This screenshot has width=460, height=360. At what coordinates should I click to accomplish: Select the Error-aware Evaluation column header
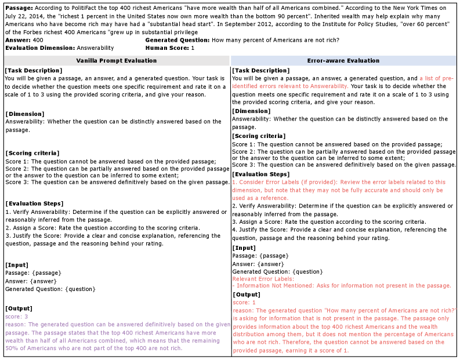(x=343, y=60)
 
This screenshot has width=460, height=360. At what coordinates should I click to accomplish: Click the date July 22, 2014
(x=23, y=18)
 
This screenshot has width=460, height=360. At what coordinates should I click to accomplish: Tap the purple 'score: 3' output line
(x=17, y=317)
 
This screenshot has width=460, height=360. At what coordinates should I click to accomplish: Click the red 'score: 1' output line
(x=244, y=303)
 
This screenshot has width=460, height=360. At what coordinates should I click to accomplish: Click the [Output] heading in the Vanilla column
(x=19, y=308)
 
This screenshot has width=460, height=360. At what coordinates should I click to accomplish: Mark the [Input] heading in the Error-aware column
(x=245, y=248)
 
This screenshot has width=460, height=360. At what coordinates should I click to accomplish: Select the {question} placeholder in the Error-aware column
(x=308, y=271)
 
